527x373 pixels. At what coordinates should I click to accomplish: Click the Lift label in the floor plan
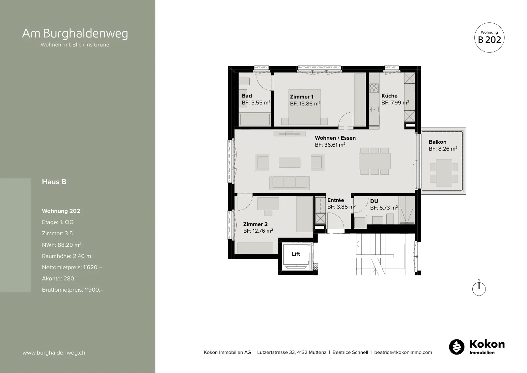296,254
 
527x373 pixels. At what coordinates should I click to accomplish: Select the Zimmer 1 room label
302,97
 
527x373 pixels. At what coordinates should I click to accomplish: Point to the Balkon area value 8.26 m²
443,149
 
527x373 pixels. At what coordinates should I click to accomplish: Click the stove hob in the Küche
374,88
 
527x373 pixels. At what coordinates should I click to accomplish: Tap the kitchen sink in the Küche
374,110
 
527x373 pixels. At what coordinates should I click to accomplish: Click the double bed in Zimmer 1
304,107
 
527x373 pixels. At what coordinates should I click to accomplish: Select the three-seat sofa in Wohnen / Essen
290,183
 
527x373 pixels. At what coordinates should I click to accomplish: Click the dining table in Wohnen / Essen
374,161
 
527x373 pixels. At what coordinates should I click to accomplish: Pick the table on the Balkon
444,173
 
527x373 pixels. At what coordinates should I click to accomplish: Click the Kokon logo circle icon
457,347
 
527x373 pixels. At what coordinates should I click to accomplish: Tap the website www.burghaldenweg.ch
54,353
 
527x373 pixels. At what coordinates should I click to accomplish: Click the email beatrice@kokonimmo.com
403,352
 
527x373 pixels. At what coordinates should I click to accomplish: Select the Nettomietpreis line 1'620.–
72,267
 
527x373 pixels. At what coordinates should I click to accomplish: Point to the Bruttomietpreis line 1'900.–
73,290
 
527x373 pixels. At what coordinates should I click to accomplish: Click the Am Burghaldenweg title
75,33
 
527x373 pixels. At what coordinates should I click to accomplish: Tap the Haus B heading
54,182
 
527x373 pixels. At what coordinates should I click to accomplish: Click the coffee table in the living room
290,162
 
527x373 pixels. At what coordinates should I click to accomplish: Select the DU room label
374,201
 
